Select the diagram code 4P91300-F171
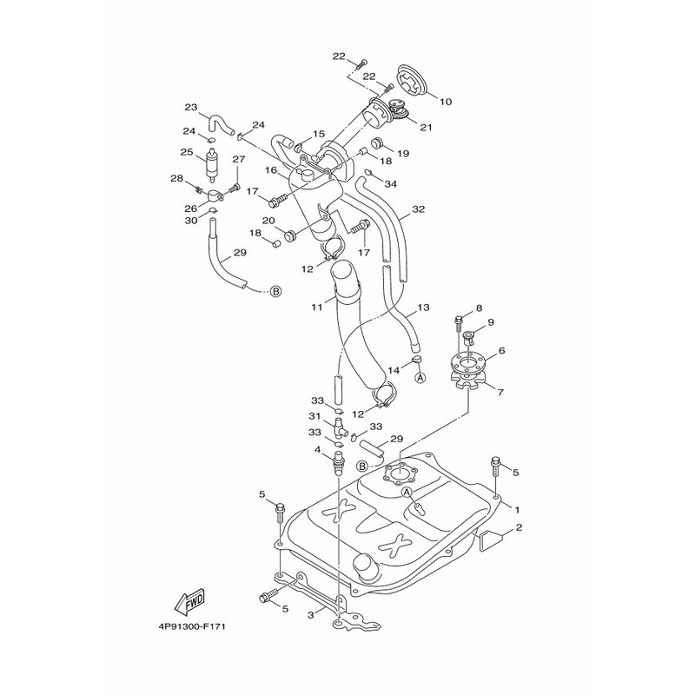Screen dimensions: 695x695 click(x=189, y=627)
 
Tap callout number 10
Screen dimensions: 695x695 click(x=446, y=102)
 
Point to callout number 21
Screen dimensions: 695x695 click(x=426, y=128)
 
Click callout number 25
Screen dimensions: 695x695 click(x=187, y=152)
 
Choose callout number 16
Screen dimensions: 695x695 click(x=271, y=170)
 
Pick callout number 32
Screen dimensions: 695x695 click(x=419, y=208)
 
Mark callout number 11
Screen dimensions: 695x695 click(x=316, y=307)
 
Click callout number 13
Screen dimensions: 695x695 click(x=423, y=308)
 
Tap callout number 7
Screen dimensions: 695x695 click(x=500, y=392)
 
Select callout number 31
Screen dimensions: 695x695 click(x=314, y=416)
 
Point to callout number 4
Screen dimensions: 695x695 click(x=317, y=449)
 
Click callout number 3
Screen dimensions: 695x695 click(x=311, y=615)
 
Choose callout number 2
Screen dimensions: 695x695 click(x=519, y=527)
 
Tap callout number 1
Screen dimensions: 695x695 click(x=516, y=510)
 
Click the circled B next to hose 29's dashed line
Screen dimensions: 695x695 click(x=275, y=291)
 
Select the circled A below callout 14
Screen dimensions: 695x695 click(x=420, y=377)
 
